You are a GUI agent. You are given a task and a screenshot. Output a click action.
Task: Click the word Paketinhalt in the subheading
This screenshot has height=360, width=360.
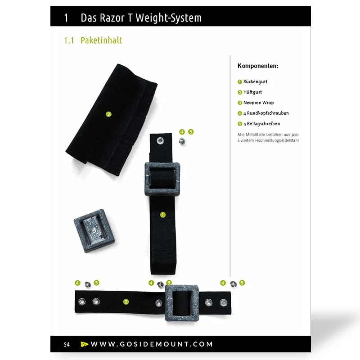pos(101,40)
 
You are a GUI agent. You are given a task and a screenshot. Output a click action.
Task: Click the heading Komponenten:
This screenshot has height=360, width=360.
pos(258,66)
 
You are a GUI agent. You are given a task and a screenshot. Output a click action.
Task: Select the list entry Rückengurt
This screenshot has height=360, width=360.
pos(255,82)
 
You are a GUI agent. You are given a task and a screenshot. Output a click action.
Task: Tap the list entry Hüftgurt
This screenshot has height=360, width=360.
pos(252,92)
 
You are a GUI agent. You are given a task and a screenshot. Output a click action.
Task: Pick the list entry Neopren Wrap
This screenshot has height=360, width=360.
pos(258,103)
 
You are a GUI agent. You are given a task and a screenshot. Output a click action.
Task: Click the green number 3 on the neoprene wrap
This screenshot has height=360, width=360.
pos(108,114)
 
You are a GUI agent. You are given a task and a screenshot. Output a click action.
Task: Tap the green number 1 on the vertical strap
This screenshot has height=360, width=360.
pos(163,215)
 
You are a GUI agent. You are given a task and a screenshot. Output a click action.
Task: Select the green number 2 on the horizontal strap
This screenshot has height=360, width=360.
pos(126,301)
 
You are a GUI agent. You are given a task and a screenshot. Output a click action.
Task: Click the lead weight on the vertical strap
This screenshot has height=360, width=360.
pos(163,178)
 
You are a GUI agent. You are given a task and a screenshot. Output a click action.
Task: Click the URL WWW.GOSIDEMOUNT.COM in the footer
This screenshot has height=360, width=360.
pos(152,344)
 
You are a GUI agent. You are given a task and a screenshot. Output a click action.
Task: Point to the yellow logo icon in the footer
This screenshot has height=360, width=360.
pos(84,344)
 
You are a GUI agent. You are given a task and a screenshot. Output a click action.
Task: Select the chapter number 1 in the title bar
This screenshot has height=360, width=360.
pos(66,18)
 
